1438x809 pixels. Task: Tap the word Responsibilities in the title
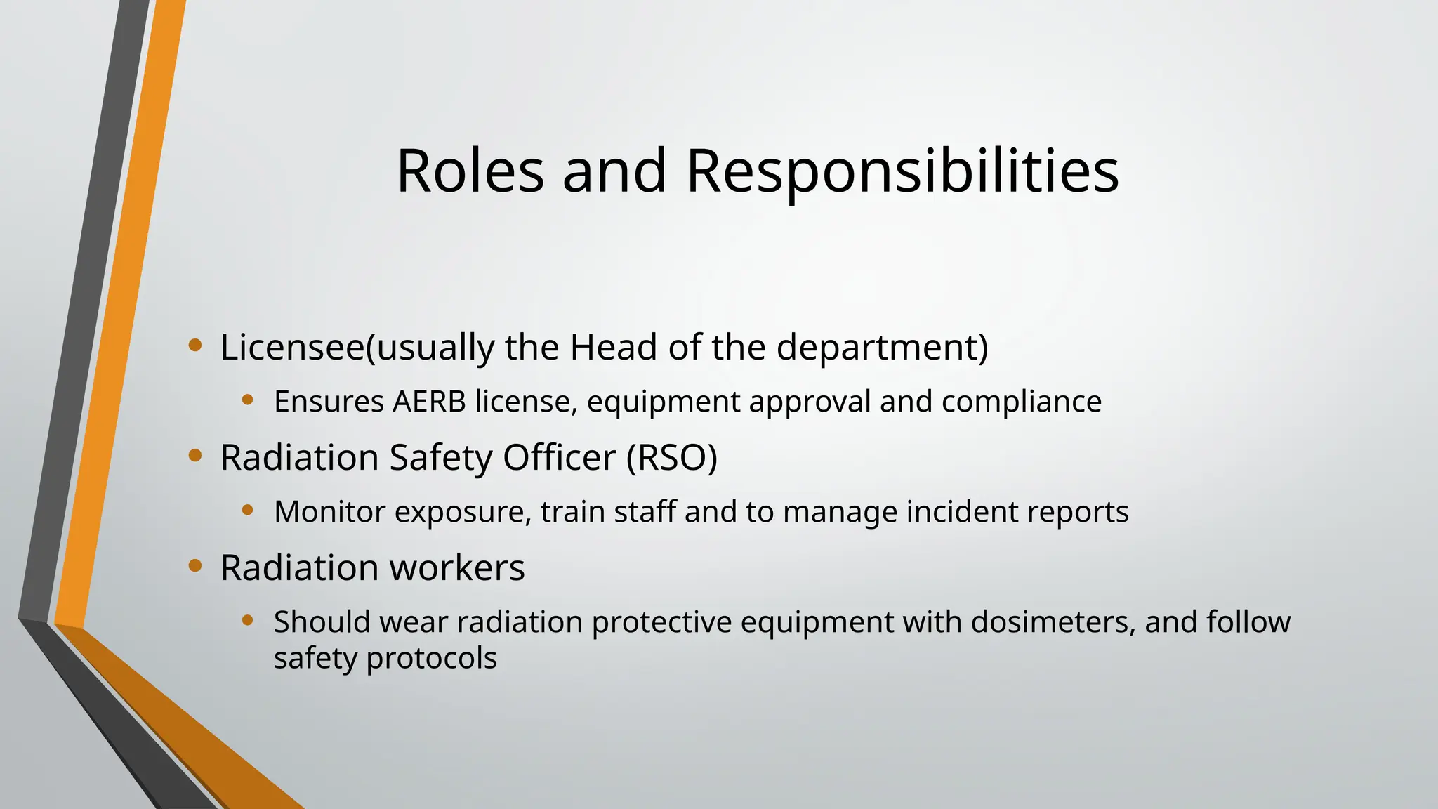902,172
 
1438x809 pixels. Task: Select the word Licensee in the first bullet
293,347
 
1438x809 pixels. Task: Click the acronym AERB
429,402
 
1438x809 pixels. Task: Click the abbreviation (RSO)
672,458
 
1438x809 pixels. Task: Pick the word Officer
559,457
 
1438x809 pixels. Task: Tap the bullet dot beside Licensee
195,346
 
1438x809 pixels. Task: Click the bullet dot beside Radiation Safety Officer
195,456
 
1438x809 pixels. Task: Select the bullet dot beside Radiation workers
195,565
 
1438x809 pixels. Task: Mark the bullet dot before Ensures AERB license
247,400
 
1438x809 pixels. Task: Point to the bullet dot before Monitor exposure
247,511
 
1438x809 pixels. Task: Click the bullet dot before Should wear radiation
247,620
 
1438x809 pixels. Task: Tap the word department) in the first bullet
882,348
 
